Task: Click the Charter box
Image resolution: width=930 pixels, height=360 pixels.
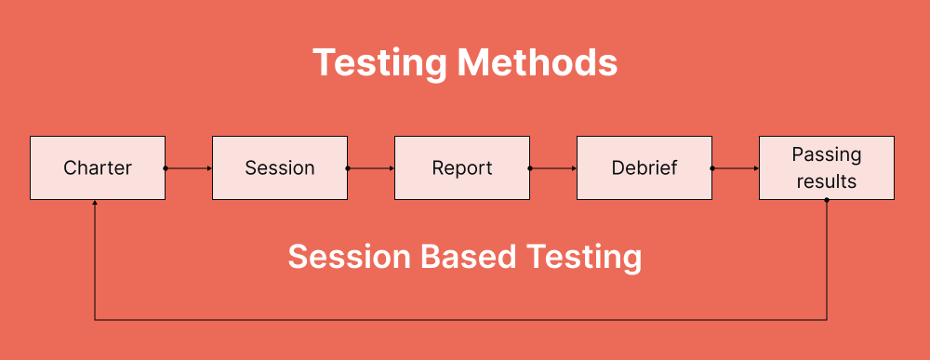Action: coord(98,168)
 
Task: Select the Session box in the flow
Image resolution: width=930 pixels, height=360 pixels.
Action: coord(280,168)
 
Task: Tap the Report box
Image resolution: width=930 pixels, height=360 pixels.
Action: coord(462,168)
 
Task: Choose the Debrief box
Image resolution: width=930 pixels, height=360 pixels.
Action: coord(644,168)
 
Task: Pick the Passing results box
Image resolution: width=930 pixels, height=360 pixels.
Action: coord(827,168)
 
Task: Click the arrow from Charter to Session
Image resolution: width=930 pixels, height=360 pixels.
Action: coord(189,168)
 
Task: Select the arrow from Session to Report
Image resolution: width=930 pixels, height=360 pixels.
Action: coord(371,168)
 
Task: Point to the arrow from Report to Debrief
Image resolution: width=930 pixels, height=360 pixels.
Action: coord(553,168)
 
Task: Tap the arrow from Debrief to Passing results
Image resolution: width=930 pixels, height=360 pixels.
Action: coord(736,168)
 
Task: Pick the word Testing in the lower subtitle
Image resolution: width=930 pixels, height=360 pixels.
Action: coord(586,257)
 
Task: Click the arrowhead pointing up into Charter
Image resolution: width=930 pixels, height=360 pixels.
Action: coord(95,204)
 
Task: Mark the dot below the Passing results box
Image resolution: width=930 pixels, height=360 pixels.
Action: coord(827,201)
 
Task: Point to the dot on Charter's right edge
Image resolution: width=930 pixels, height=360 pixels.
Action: coord(166,168)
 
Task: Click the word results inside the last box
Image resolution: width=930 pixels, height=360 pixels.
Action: coord(827,181)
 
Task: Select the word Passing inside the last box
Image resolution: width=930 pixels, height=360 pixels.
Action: coord(827,155)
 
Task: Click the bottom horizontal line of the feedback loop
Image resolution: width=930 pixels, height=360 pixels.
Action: coord(460,320)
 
